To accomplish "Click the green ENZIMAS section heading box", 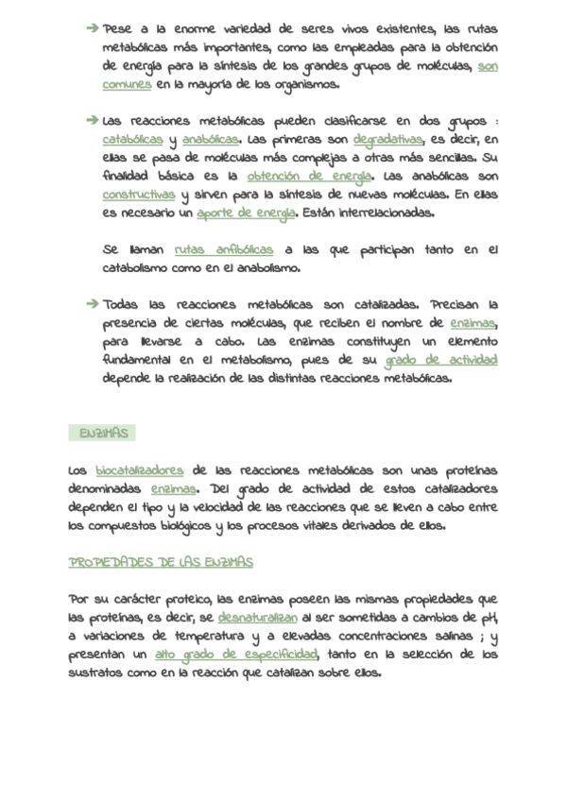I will coord(103,434).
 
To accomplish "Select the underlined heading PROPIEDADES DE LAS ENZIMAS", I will coord(161,563).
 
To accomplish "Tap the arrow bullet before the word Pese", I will coord(92,29).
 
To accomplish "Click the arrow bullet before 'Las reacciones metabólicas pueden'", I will coord(92,121).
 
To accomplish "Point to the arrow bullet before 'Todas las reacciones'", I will coord(92,304).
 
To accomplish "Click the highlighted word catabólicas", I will coord(133,140).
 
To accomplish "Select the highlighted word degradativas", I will coord(387,140).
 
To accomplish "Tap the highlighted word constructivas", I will coord(139,195).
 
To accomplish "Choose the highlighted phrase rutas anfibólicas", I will coord(224,249).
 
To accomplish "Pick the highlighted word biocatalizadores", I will coord(139,470).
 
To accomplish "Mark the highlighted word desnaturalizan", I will coord(257,618).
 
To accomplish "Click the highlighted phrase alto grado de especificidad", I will coord(236,655).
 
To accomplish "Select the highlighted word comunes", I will coord(127,84).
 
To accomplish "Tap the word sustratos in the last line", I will coord(98,673).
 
